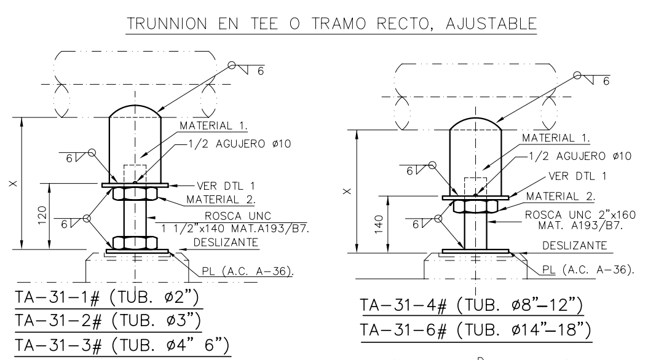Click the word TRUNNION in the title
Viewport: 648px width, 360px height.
coord(167,23)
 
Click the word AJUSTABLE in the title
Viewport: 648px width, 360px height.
coord(491,23)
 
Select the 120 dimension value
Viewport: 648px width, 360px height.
coord(42,216)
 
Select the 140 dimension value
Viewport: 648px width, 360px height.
coord(379,224)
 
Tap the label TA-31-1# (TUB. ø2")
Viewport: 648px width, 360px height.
coord(107,297)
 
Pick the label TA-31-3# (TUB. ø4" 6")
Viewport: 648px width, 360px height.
coord(122,345)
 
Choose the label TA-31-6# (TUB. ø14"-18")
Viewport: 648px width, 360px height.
coord(475,330)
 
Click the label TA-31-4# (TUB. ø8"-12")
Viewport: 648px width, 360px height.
coord(472,305)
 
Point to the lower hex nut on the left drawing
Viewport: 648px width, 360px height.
coord(135,243)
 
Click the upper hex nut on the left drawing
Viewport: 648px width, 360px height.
coord(135,194)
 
